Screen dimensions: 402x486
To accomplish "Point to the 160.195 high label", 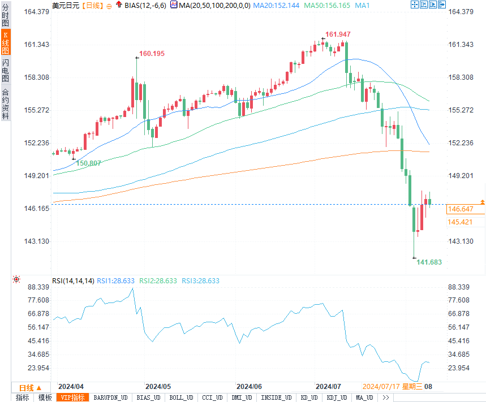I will (x=152, y=54).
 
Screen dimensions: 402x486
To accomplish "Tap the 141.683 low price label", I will (x=429, y=262).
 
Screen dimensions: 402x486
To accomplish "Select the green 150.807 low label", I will (x=89, y=163).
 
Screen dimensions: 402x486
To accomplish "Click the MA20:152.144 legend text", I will (x=276, y=5).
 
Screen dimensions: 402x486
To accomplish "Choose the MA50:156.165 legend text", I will (x=328, y=5).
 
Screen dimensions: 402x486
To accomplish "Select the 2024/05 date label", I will (x=158, y=387).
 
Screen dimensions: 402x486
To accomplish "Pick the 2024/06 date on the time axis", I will (x=249, y=387).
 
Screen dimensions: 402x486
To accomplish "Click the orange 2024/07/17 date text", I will (x=381, y=387).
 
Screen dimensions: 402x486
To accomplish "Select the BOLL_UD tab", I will (x=182, y=397).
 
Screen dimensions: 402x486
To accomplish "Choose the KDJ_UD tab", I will (x=336, y=397).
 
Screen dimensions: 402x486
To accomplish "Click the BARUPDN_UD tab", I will (x=111, y=397).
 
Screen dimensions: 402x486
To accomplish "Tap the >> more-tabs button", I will (x=386, y=397).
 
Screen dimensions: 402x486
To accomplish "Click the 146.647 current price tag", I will (x=460, y=209).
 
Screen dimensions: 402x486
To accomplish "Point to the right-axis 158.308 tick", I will (x=460, y=77).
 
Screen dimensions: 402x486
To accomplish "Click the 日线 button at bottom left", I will (x=27, y=387).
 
